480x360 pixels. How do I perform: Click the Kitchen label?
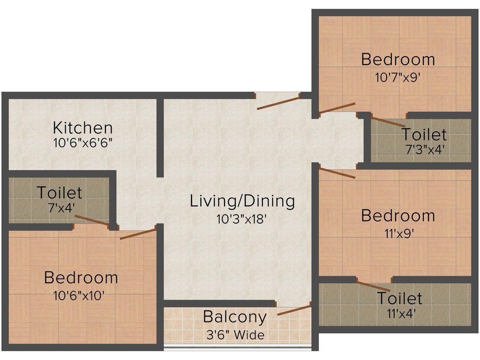click(82, 127)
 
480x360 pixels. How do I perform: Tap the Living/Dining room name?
click(242, 201)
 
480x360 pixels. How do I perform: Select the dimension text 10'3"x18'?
click(242, 218)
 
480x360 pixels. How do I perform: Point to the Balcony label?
click(235, 317)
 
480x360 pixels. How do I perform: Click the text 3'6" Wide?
click(234, 335)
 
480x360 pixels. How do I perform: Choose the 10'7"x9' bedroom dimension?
click(397, 77)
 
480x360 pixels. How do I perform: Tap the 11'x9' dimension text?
click(397, 233)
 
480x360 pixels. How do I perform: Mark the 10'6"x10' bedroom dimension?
click(81, 295)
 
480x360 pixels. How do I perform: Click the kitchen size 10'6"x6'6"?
click(82, 143)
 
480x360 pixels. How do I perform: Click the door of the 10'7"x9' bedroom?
click(337, 108)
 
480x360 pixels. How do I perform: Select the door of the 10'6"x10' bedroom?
click(138, 234)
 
